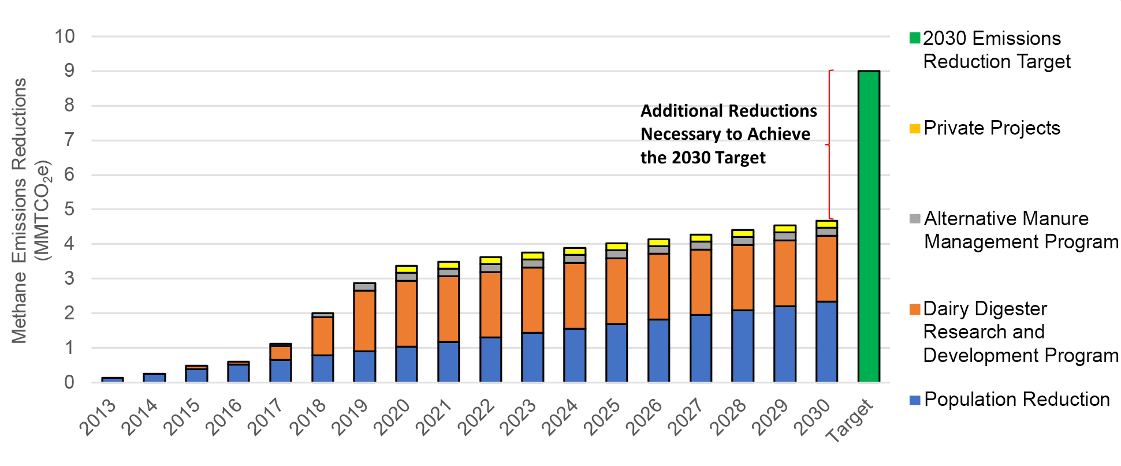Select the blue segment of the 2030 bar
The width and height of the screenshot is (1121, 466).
[826, 341]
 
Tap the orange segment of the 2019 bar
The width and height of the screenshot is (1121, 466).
[364, 320]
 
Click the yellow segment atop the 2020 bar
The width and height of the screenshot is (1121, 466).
[406, 269]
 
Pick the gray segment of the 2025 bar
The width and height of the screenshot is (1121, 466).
[616, 254]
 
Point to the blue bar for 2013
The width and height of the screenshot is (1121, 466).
[112, 379]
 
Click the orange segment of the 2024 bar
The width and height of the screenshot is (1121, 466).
[574, 296]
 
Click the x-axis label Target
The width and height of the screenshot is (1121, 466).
[849, 420]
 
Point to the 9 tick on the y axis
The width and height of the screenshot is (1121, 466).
[69, 71]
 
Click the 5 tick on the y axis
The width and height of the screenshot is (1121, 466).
[69, 209]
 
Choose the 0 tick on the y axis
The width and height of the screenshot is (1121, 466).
[69, 382]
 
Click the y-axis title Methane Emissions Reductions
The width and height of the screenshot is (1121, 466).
[20, 211]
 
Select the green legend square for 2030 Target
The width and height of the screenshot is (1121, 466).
[914, 38]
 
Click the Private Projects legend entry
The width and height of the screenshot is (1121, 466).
[991, 128]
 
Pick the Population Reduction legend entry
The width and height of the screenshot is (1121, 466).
[1016, 400]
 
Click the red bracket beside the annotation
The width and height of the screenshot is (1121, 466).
[829, 144]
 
